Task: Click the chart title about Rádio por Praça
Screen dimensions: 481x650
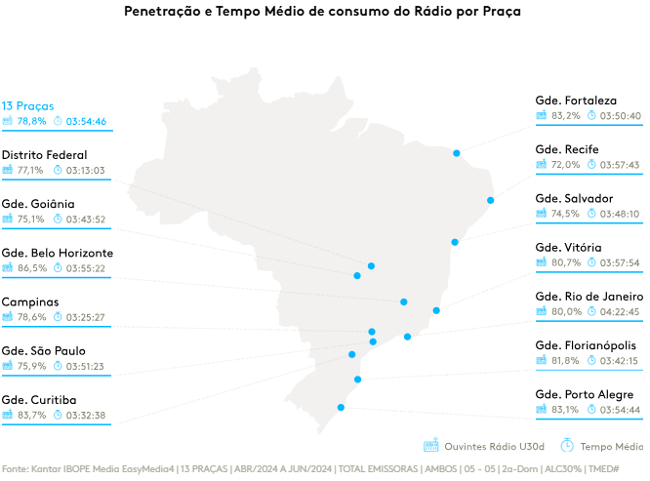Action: click(323, 13)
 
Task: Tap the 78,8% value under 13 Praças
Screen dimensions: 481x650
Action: click(31, 121)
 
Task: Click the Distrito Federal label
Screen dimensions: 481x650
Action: click(44, 154)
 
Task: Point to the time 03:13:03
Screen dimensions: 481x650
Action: click(86, 170)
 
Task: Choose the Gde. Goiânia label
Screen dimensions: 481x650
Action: click(38, 204)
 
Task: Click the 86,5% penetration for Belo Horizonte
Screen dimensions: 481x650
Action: click(31, 268)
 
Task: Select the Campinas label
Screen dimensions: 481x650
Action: click(30, 301)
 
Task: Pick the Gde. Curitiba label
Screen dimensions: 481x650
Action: click(39, 399)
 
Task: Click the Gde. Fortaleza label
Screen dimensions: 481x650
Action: click(576, 100)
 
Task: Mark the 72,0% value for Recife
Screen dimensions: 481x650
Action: click(566, 165)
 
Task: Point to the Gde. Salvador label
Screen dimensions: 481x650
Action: click(575, 198)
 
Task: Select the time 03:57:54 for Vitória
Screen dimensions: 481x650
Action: click(620, 262)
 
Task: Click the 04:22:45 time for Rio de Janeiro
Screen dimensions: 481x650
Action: click(620, 312)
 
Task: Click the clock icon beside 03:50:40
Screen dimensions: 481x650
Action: click(590, 116)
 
